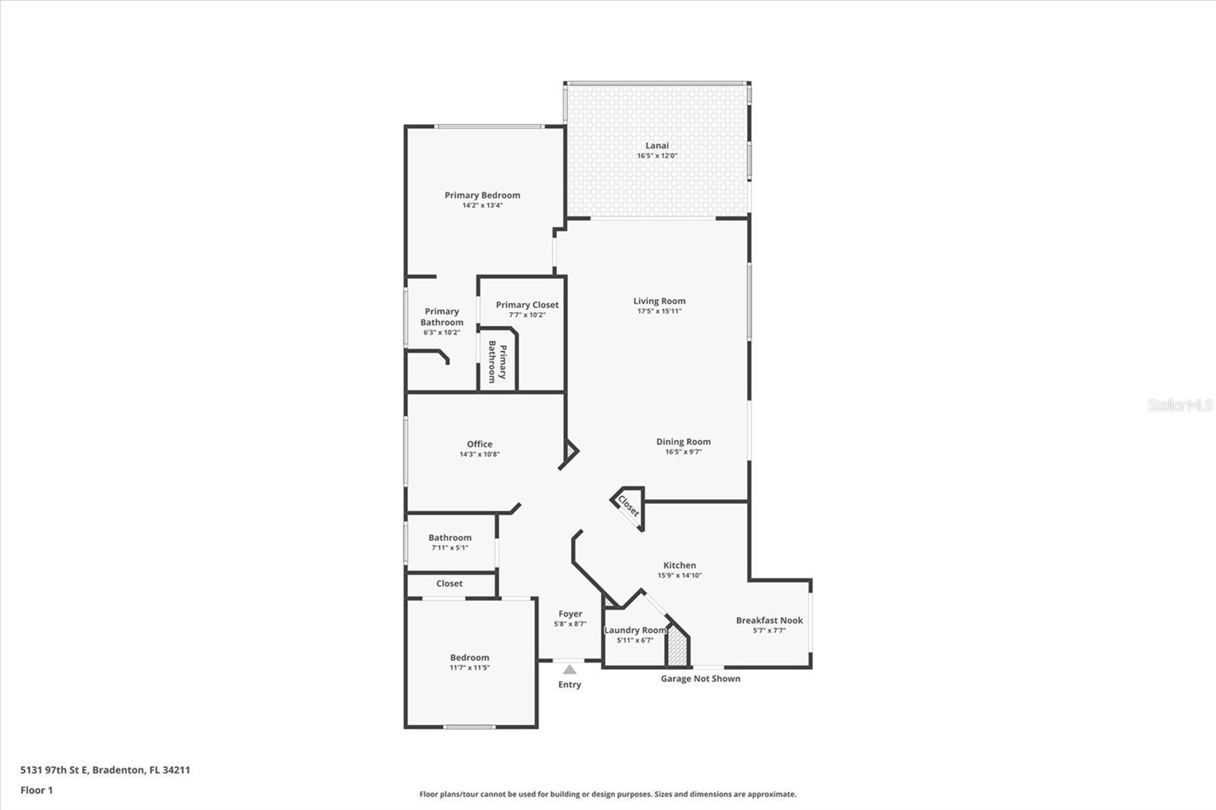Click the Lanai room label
(657, 145)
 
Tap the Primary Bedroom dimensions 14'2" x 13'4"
(482, 205)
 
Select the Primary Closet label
(527, 305)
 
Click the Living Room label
(659, 301)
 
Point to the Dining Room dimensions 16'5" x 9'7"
(682, 451)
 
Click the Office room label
(479, 444)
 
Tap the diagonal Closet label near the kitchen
(629, 505)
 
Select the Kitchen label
(679, 565)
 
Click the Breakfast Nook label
(769, 620)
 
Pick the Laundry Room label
(635, 630)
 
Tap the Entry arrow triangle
(569, 669)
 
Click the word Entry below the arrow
(569, 685)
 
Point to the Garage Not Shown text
(700, 679)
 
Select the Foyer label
(570, 614)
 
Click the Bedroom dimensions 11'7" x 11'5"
(469, 668)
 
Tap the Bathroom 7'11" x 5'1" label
(449, 538)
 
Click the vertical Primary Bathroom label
(497, 362)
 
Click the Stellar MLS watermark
(1180, 405)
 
